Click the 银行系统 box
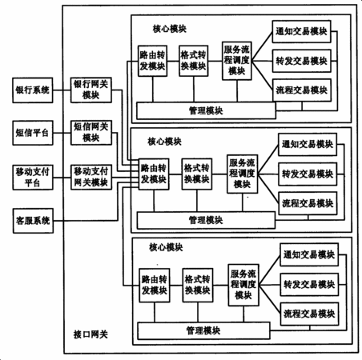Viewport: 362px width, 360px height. [x=33, y=90]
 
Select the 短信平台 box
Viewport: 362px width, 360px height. [x=33, y=133]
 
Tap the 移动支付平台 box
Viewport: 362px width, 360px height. [x=33, y=178]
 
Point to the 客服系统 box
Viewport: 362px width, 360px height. [x=33, y=221]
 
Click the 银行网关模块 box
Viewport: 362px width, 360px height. [x=91, y=90]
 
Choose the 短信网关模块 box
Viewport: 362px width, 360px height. [x=91, y=133]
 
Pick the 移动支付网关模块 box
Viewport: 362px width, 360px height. [x=91, y=177]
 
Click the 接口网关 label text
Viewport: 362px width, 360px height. [x=90, y=334]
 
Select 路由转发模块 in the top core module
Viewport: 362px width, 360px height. [x=153, y=61]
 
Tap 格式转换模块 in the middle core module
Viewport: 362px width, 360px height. [x=197, y=174]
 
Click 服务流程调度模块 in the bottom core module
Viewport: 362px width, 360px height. [x=243, y=285]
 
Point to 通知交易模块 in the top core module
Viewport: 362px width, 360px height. [x=301, y=31]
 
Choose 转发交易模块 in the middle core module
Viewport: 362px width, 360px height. [x=308, y=174]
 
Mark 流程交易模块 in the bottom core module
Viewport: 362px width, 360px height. [x=309, y=314]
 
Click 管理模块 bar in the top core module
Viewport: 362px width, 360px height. [x=206, y=110]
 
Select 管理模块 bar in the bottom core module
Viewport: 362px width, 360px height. [x=203, y=330]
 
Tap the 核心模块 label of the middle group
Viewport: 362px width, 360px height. [x=165, y=142]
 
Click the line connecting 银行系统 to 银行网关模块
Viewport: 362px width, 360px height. [x=62, y=90]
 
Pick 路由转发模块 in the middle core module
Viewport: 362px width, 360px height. [x=154, y=174]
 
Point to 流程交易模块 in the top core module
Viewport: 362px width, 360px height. [x=302, y=90]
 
